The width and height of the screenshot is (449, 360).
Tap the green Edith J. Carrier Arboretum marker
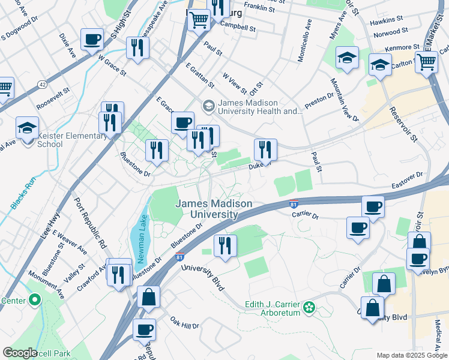tap(309, 307)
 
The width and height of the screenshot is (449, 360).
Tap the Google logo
tap(20, 353)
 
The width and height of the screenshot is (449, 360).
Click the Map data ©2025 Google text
tap(411, 355)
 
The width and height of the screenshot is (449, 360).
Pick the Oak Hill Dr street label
tap(184, 323)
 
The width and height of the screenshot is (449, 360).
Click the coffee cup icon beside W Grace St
tap(92, 40)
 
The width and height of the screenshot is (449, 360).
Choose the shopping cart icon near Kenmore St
tap(426, 61)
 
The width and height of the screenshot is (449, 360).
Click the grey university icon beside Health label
tap(208, 106)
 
